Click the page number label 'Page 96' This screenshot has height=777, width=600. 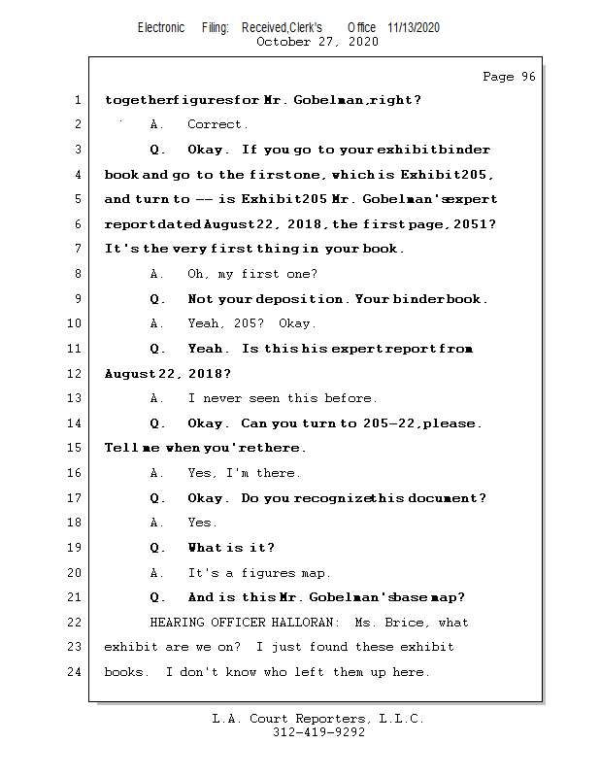(509, 77)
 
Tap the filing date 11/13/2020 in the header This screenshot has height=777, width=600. (413, 27)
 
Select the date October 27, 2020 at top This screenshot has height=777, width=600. (317, 42)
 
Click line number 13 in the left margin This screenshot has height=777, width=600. (77, 398)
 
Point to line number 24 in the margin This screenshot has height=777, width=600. (77, 671)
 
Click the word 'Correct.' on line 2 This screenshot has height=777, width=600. (218, 124)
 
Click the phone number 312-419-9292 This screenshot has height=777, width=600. (318, 733)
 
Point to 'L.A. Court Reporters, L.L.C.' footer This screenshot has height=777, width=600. (318, 719)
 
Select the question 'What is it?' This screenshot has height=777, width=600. (231, 548)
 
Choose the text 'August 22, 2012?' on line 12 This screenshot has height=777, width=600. (168, 374)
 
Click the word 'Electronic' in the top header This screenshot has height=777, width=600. (161, 27)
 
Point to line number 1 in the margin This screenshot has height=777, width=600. (77, 100)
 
